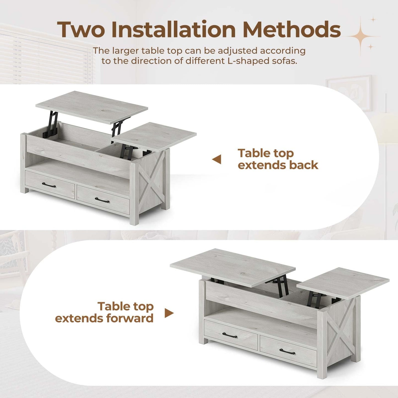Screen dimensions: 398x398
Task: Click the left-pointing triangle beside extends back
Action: click(x=217, y=159)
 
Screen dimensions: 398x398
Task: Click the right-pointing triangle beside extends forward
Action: click(x=169, y=313)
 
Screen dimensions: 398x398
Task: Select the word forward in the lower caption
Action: click(x=130, y=318)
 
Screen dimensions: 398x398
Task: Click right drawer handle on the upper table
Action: click(x=102, y=200)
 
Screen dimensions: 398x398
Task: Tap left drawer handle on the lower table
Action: click(x=230, y=335)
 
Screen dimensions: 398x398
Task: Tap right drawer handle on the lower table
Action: click(x=287, y=351)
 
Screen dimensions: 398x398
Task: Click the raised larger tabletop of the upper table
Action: click(x=92, y=106)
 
